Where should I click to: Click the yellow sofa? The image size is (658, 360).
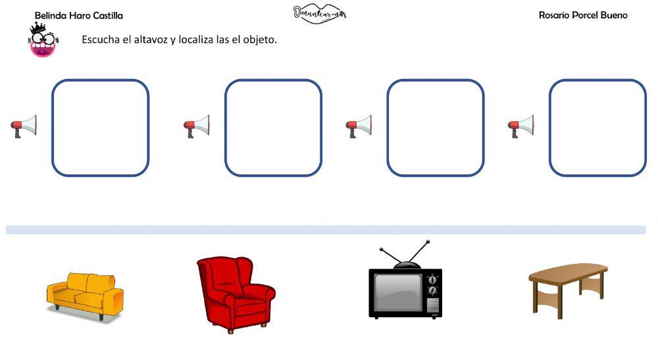point(85,296)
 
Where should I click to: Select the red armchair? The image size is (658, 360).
point(235,294)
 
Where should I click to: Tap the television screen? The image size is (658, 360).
point(397,292)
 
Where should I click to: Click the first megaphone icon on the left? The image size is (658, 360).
point(24,126)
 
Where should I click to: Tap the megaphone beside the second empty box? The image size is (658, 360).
point(197,126)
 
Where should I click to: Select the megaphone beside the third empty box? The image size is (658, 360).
point(359,126)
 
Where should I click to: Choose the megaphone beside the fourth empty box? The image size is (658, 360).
point(521,126)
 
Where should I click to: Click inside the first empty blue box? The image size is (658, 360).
point(101,128)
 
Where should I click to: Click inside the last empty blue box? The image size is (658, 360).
point(597,128)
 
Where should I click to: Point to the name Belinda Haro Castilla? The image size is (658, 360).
point(78,15)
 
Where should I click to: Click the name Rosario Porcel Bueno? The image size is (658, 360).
point(583,15)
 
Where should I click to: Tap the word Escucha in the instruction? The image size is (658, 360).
point(101,39)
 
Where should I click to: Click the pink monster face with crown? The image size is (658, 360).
point(42,41)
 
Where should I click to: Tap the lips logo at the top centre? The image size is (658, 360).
point(320,13)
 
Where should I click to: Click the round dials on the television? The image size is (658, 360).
point(432,284)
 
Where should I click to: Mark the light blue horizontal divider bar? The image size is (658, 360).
point(326,230)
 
